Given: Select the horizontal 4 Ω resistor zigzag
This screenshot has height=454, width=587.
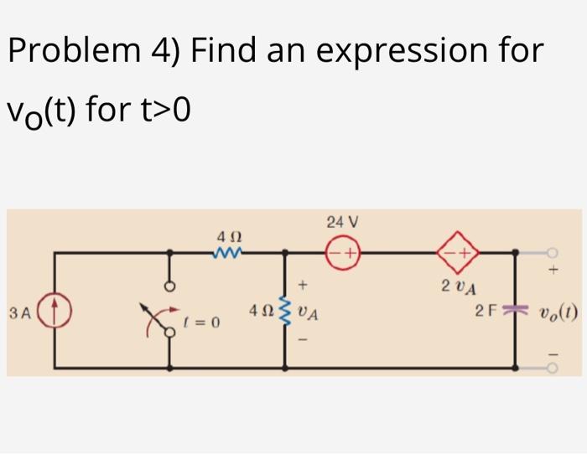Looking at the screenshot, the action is pos(228,251).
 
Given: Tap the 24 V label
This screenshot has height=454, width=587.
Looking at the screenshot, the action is pos(342,223).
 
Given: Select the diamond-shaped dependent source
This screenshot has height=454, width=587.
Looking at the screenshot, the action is pos(458,250).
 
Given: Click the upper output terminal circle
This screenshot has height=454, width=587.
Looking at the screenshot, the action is pos(553,251).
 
